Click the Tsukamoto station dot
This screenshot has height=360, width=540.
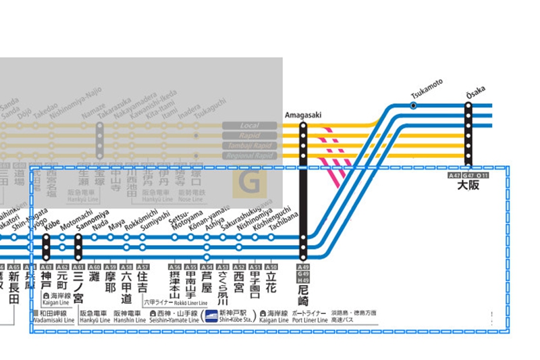(x=413, y=105)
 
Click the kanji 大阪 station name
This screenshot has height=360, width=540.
(x=468, y=185)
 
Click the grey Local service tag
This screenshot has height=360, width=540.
(x=250, y=126)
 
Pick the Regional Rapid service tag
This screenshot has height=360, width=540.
(x=250, y=156)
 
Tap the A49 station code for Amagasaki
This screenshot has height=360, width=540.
(x=303, y=267)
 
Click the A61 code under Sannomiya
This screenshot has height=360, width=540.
(x=78, y=267)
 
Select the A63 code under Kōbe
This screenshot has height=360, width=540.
(x=46, y=267)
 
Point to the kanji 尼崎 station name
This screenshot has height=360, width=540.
(x=303, y=292)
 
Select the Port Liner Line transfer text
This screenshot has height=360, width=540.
(x=310, y=320)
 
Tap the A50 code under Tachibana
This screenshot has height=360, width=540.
(x=271, y=267)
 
